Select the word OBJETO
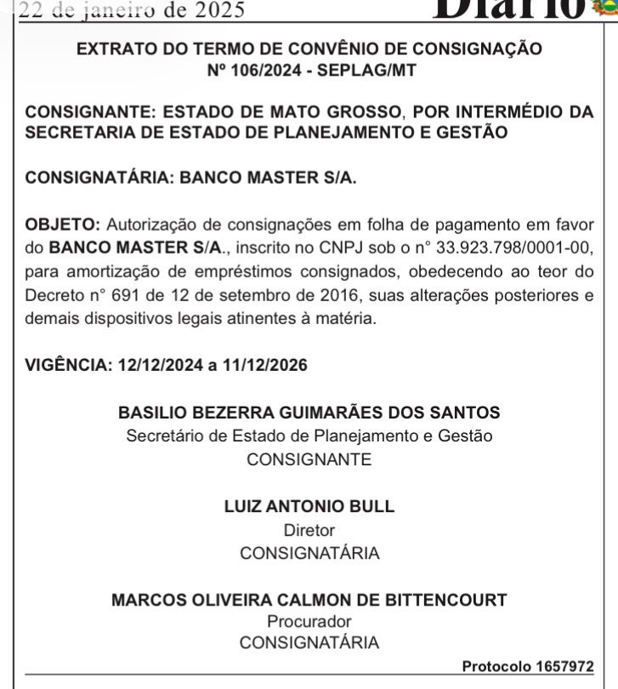click(x=62, y=225)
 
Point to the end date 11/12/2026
click(x=264, y=366)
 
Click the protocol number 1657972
click(x=564, y=666)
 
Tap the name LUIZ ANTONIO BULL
click(x=309, y=507)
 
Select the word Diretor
click(x=309, y=530)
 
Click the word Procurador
click(x=309, y=622)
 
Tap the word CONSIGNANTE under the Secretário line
click(x=309, y=459)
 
